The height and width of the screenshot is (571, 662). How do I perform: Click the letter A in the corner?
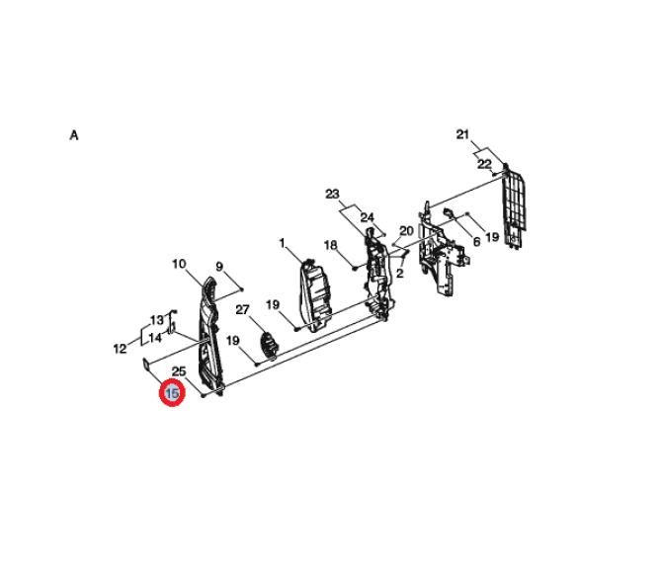click(74, 135)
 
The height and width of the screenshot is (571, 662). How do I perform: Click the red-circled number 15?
click(172, 393)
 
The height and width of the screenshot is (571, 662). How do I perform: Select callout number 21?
click(462, 134)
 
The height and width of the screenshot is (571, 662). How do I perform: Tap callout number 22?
click(484, 164)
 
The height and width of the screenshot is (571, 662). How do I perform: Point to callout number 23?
click(332, 195)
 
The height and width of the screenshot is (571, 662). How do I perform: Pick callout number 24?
click(367, 217)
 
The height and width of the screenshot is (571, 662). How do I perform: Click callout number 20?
click(406, 231)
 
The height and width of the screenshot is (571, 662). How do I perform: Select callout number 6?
click(476, 242)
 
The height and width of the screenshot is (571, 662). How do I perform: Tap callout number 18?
click(331, 245)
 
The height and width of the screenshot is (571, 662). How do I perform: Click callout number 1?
click(282, 243)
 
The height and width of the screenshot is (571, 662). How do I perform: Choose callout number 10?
click(179, 264)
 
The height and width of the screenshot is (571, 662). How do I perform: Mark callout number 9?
click(219, 267)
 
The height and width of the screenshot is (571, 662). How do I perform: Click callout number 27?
click(242, 310)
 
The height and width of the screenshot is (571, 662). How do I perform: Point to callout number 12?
click(120, 349)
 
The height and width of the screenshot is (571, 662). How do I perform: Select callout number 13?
click(157, 320)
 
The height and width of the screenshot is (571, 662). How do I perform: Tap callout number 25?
click(179, 371)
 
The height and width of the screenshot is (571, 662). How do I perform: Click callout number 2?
click(400, 273)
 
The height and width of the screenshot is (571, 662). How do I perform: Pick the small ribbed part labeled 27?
click(269, 345)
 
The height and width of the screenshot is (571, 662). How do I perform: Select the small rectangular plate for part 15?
click(146, 365)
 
